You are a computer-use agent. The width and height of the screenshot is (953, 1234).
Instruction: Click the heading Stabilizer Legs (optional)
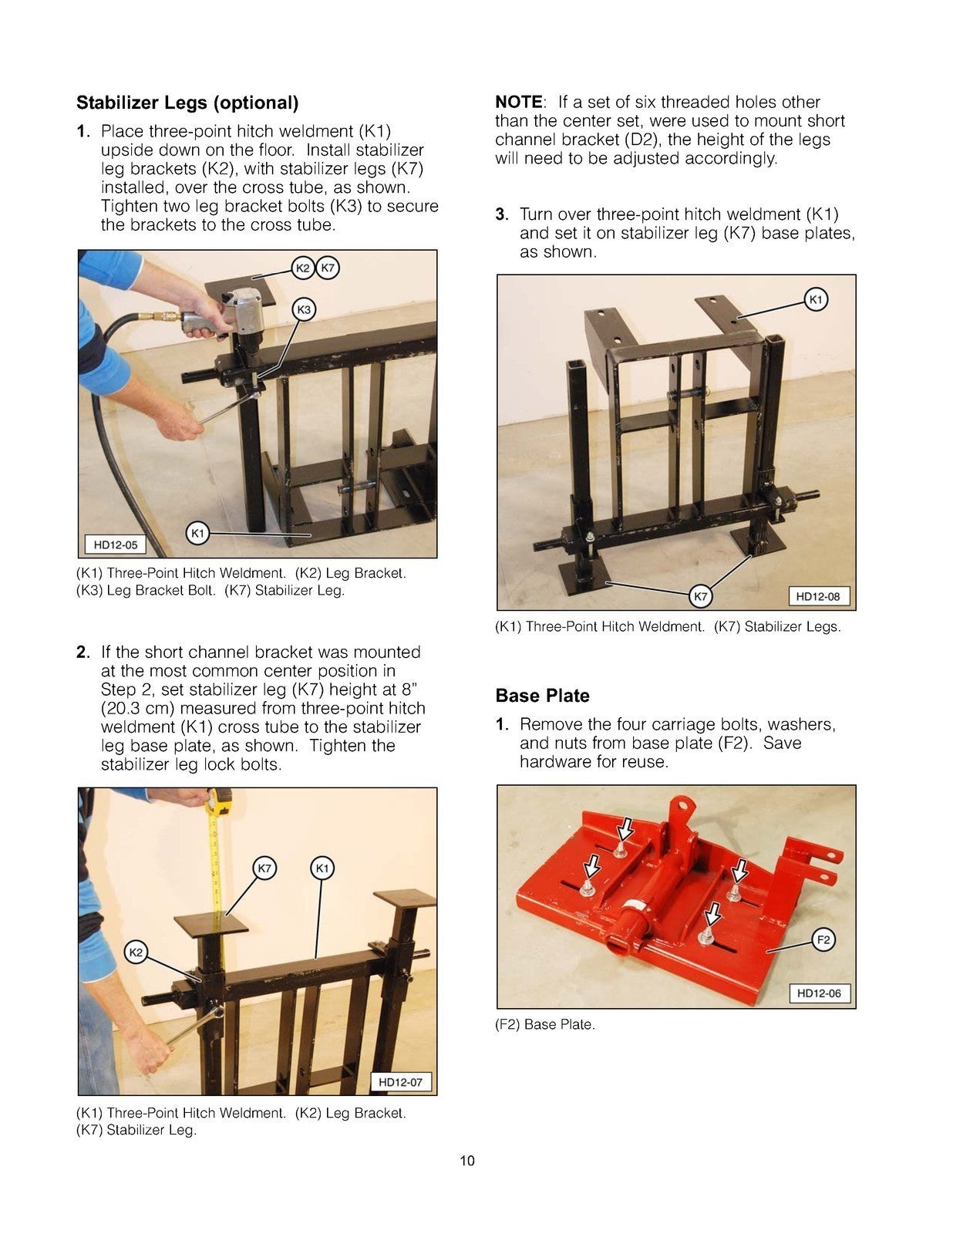point(187,103)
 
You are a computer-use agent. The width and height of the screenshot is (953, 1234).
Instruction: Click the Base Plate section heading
point(542,696)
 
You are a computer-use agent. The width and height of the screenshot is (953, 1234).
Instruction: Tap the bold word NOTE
point(519,102)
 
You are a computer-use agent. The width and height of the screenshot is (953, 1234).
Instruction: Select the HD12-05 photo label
point(116,545)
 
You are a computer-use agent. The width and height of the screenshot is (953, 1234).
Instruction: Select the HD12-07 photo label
point(400,1082)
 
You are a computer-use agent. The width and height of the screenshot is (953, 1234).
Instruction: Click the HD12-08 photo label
point(817,596)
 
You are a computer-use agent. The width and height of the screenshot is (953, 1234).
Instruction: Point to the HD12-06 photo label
point(818,993)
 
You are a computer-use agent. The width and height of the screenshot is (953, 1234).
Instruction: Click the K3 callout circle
point(304,310)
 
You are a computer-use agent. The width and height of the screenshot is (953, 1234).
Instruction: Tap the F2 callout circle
point(823,939)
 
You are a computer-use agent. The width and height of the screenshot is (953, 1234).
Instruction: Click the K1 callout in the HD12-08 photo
point(816,299)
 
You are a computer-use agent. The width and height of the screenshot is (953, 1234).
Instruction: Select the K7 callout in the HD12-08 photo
point(700,596)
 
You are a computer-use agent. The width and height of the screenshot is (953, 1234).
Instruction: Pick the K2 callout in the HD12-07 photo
point(136,952)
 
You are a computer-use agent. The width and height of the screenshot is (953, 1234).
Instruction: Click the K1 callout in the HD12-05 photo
point(198,533)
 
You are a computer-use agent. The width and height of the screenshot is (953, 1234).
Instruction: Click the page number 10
point(467,1161)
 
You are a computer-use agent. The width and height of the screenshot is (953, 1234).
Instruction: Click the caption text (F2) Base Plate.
point(544,1025)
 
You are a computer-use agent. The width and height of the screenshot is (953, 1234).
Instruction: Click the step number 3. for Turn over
point(502,214)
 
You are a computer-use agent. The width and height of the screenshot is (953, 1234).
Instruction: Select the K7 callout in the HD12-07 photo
point(264,868)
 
